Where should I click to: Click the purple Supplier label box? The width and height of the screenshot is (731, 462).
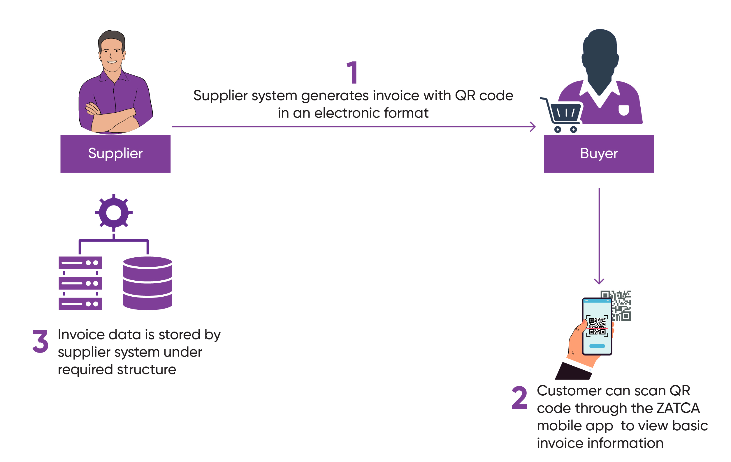115,154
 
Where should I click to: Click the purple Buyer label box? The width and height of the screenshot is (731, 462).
599,154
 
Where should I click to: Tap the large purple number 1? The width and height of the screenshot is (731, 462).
352,72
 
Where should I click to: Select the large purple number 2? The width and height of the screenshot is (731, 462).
519,397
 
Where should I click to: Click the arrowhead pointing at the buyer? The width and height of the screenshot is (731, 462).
533,127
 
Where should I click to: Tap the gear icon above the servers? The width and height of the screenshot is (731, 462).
114,213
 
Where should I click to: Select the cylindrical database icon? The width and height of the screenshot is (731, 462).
147,283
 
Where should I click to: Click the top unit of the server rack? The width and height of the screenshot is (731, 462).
80,263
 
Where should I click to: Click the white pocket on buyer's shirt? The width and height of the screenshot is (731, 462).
623,110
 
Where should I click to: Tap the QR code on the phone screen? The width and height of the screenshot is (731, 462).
597,326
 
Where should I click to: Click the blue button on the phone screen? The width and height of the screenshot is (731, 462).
597,346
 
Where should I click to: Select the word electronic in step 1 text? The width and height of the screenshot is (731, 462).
347,113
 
